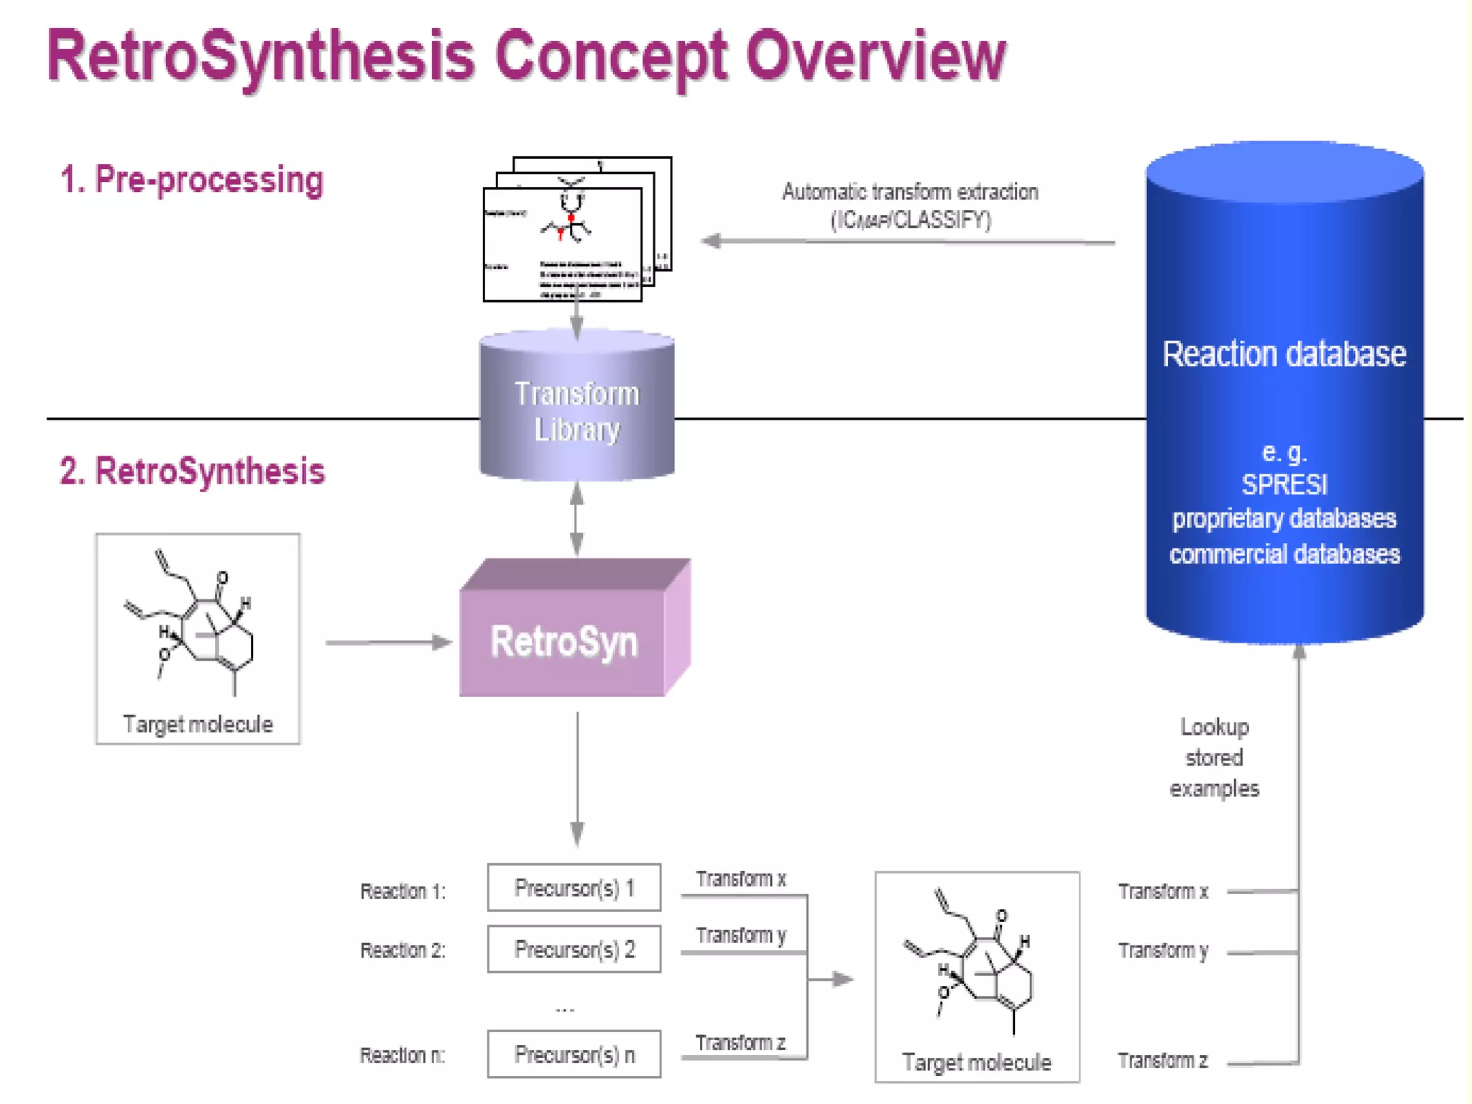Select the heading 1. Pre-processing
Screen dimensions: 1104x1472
point(192,180)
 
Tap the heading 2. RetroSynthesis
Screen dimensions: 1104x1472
point(192,471)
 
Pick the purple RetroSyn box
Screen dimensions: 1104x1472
point(564,641)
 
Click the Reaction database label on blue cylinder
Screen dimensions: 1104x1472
point(1284,354)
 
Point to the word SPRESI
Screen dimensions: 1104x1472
point(1284,485)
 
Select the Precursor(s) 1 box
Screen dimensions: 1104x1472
point(574,888)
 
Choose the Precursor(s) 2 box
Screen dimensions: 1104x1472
point(574,949)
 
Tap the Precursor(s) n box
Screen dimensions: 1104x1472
point(574,1054)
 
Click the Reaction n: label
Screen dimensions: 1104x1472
point(402,1055)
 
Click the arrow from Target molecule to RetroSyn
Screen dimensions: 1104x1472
point(388,642)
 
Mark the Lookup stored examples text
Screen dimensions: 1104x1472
point(1214,758)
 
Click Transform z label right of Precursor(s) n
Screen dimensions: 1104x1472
point(740,1043)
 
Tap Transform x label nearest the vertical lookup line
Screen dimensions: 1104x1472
point(1163,892)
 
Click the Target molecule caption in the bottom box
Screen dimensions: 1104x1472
point(976,1062)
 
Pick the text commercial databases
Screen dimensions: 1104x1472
point(1284,554)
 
